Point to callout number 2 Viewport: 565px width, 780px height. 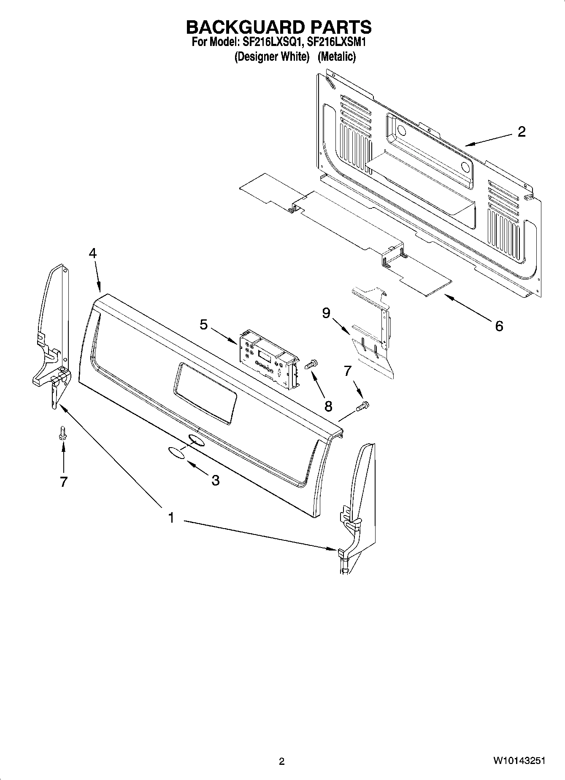click(x=522, y=132)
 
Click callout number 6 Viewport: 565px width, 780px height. click(x=499, y=326)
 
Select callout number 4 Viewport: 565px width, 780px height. click(x=92, y=253)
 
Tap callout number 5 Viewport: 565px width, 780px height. click(x=204, y=325)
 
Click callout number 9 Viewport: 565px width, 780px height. click(x=326, y=313)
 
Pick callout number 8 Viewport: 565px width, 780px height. click(x=328, y=406)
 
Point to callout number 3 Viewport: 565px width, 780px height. click(x=215, y=480)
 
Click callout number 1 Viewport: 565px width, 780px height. click(x=171, y=518)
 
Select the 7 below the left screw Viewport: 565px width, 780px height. click(x=63, y=482)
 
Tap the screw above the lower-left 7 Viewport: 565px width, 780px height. click(x=63, y=433)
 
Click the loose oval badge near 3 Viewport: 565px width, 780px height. click(x=177, y=453)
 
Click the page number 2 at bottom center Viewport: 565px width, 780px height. click(x=282, y=761)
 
